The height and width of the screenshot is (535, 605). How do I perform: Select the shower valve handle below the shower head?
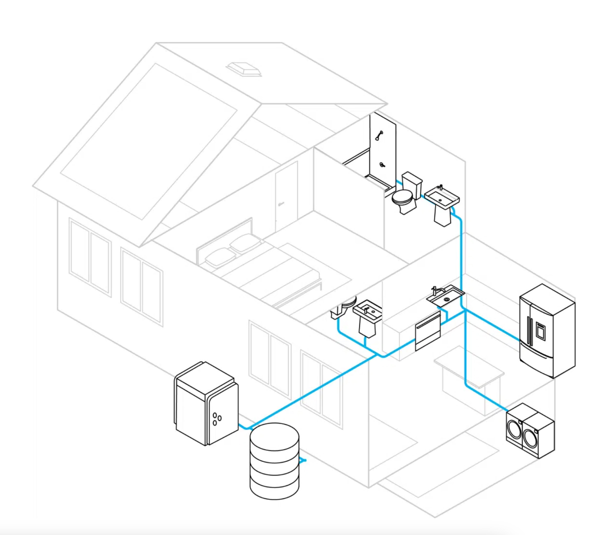pyautogui.click(x=382, y=164)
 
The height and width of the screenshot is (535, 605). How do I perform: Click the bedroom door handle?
pyautogui.click(x=280, y=203)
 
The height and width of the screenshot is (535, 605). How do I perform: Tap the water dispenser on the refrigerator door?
pyautogui.click(x=540, y=331)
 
